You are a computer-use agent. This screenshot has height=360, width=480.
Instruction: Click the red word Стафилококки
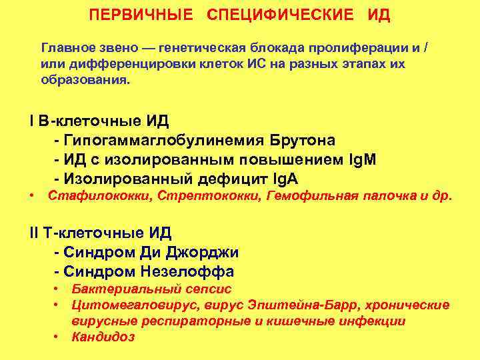click(x=87, y=196)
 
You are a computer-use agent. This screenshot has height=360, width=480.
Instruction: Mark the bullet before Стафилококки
click(x=31, y=196)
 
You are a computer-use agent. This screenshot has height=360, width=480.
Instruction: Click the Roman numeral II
click(x=34, y=233)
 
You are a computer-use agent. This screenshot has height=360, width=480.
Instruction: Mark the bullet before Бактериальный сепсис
click(x=59, y=289)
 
